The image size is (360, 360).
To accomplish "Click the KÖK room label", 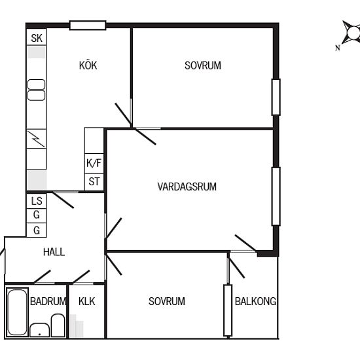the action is tap(88, 65).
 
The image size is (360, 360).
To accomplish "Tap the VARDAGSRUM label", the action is tap(187, 187).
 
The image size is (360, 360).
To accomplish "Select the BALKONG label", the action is tap(255, 301).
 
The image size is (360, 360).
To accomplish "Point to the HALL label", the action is tap(54, 252).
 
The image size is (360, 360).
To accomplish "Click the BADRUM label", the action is tap(48, 301).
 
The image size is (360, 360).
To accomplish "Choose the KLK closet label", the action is tap(86, 301).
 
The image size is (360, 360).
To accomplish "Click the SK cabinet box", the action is tap(37, 37).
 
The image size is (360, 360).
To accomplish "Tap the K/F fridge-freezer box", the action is tap(94, 163).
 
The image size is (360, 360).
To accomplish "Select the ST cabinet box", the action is tap(94, 182).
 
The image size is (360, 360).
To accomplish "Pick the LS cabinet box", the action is tap(37, 201).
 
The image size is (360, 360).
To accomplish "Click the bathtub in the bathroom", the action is tap(17, 312).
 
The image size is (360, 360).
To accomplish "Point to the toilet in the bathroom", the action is tap(58, 325).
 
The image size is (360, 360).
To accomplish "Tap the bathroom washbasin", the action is tap(39, 330).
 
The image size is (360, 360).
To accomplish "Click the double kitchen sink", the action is tap(36, 90).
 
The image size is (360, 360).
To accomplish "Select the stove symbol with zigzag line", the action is tap(37, 139).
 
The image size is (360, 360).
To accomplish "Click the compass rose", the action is tap(351, 33).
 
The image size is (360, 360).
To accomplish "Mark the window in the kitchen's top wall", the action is tap(88, 26).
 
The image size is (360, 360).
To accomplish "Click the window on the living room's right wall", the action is tap(276, 196).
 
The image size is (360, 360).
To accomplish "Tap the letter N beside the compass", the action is tap(338, 48).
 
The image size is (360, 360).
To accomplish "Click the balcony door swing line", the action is tap(237, 268).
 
